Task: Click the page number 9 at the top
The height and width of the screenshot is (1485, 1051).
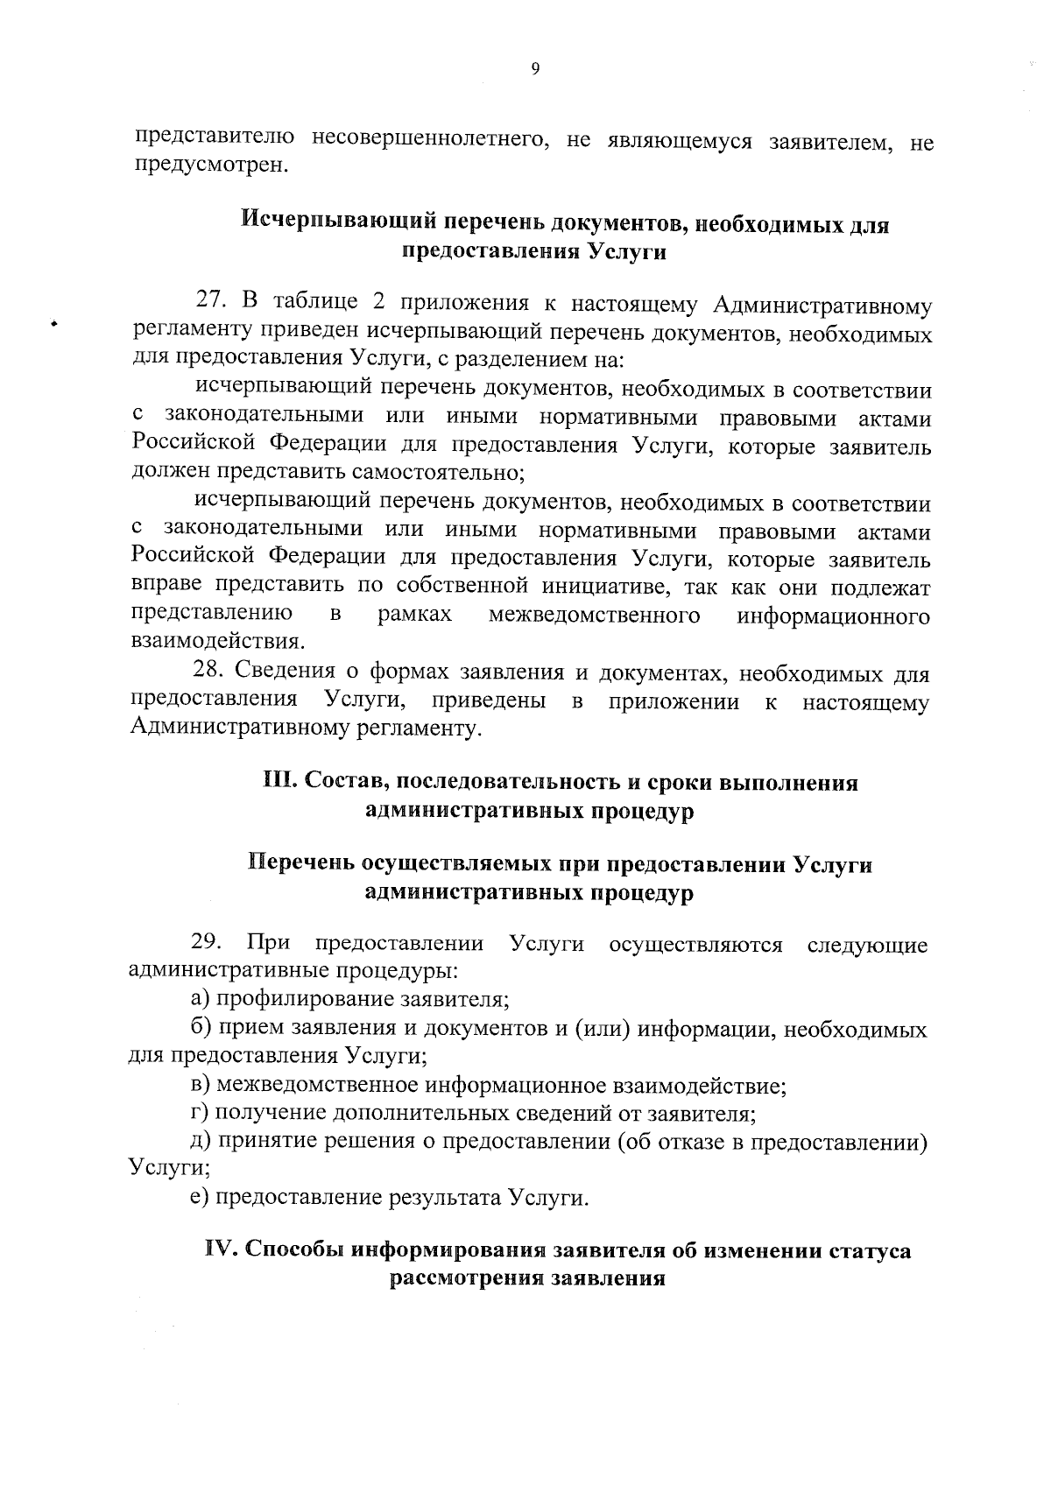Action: click(x=534, y=71)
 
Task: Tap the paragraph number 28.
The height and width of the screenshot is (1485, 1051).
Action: click(x=210, y=672)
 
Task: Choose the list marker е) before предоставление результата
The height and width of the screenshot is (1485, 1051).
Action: click(x=201, y=1197)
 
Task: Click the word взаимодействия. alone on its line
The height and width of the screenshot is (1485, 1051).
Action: click(x=218, y=643)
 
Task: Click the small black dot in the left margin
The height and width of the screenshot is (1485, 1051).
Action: click(x=53, y=324)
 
